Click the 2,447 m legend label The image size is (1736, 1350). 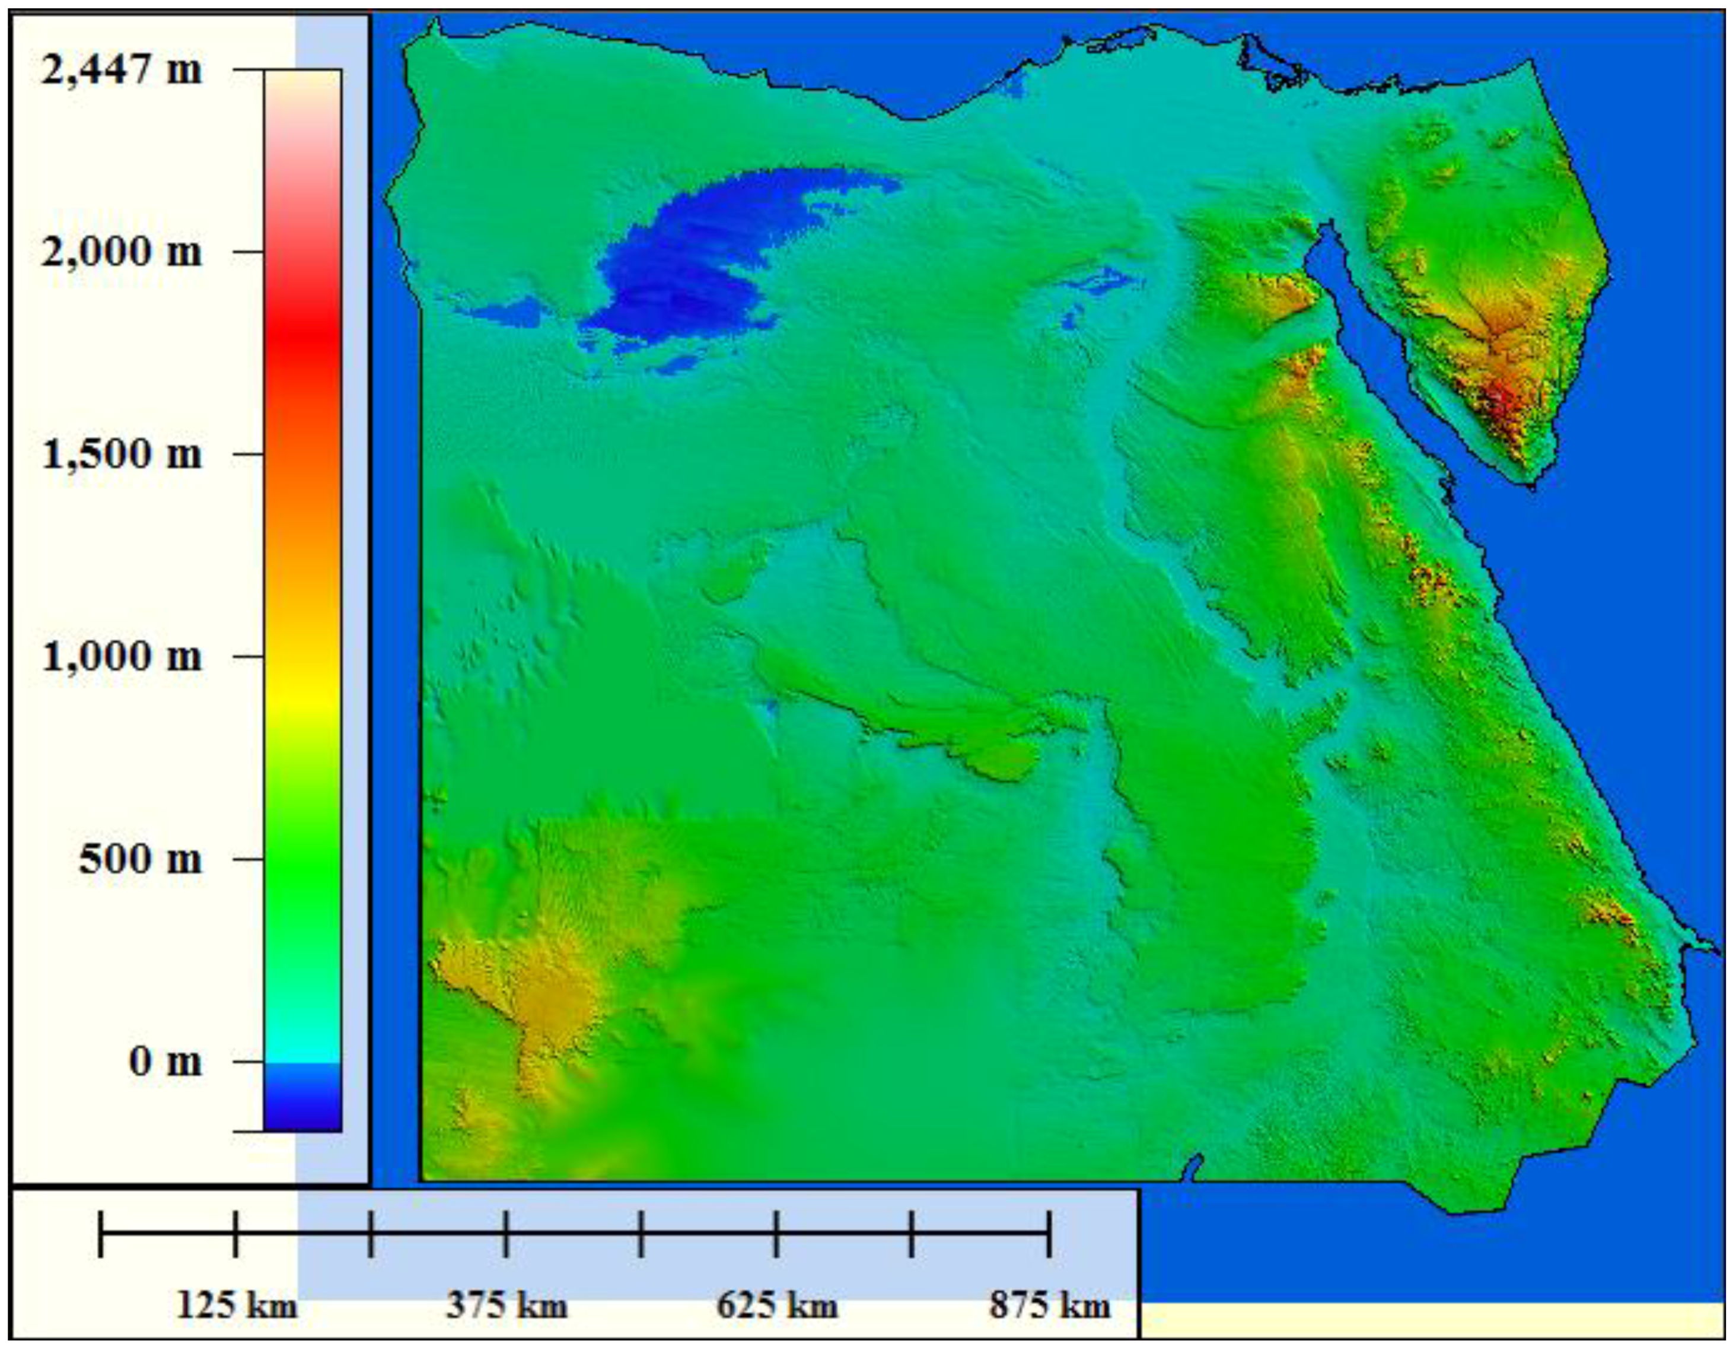[121, 71]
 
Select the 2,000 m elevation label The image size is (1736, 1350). [121, 252]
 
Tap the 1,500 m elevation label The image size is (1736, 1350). [121, 454]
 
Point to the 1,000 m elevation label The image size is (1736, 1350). [121, 657]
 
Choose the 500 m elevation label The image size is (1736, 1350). [140, 859]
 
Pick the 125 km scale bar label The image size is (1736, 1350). [236, 1306]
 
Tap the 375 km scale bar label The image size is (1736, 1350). [507, 1306]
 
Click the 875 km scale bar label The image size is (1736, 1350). [1049, 1306]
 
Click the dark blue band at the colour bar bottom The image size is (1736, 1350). [303, 1109]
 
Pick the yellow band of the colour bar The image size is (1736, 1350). [303, 700]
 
